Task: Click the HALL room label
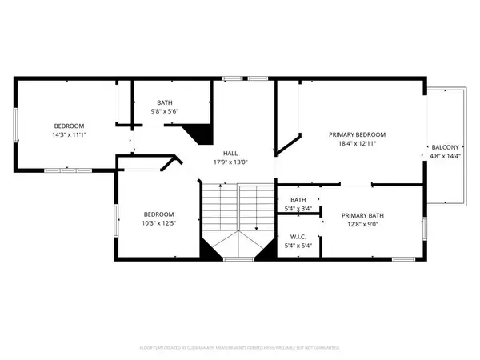(x=230, y=152)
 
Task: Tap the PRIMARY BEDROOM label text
(x=353, y=134)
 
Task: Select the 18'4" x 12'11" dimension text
(x=353, y=144)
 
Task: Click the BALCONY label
(x=446, y=148)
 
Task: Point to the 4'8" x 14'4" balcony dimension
(x=446, y=158)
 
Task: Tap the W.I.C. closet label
(x=298, y=237)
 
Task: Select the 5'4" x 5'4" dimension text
(x=298, y=246)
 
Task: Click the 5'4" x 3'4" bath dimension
(x=298, y=209)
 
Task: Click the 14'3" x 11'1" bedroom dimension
(x=69, y=135)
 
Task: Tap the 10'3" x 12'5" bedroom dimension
(x=159, y=224)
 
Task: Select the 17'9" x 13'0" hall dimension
(x=230, y=162)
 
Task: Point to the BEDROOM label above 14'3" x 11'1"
(x=69, y=126)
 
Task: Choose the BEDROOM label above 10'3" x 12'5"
(x=159, y=214)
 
